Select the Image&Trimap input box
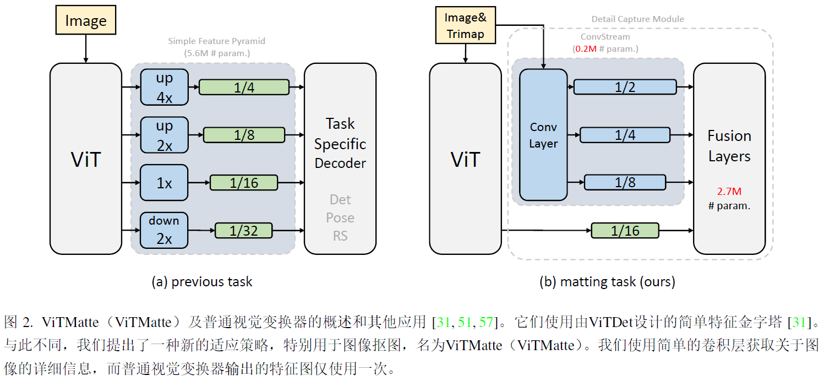466,25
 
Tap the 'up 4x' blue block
164,87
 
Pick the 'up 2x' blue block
164,135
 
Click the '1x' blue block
164,183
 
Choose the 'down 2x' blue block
164,230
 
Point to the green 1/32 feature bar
243,230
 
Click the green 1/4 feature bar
243,87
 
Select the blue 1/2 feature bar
625,87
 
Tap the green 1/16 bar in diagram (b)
625,230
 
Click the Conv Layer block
543,135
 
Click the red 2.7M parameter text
729,192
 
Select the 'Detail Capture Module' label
637,19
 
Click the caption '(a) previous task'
202,282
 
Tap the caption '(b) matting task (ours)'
607,282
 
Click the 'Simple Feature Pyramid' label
216,41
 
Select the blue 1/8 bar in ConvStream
625,182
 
